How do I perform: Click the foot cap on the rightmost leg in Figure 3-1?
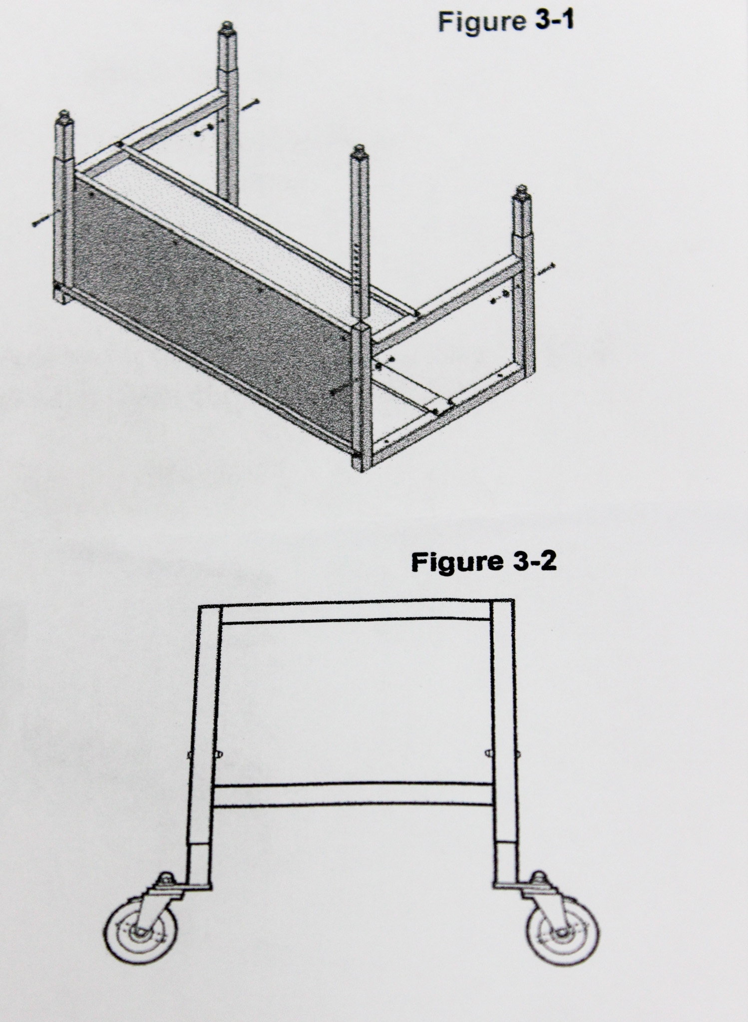click(x=522, y=192)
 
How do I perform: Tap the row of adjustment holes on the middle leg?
click(x=356, y=264)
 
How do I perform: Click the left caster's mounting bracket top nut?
click(x=165, y=880)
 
